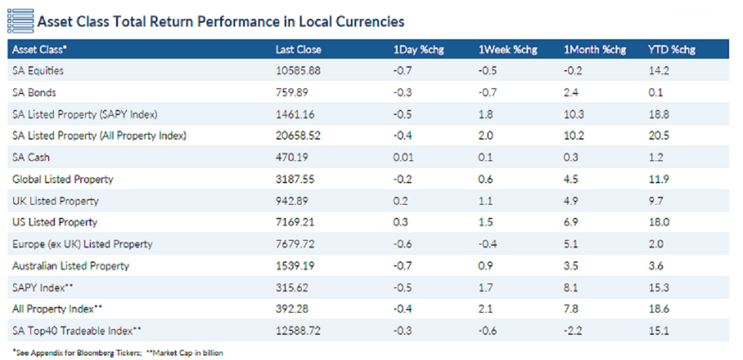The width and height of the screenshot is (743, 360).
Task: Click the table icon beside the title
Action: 20,21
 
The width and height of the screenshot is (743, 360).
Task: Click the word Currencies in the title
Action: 372,21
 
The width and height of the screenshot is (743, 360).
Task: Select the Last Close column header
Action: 298,49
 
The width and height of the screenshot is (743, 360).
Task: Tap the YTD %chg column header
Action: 671,49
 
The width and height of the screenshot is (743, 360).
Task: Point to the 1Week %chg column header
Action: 508,49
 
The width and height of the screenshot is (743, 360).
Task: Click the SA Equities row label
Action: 38,71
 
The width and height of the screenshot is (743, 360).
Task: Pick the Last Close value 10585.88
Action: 298,71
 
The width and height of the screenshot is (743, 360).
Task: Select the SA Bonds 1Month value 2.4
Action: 571,92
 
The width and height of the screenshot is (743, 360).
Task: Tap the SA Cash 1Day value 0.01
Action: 403,157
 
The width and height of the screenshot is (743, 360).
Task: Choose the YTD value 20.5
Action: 657,135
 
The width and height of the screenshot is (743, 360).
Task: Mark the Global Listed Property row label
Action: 62,179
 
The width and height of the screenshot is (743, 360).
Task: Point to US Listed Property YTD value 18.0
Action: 657,222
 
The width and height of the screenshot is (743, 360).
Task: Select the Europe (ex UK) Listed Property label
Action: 82,244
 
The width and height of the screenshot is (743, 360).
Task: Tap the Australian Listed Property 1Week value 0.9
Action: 485,266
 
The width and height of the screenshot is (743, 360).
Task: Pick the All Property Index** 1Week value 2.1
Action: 485,309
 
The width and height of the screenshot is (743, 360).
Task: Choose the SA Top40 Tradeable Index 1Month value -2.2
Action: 573,331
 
